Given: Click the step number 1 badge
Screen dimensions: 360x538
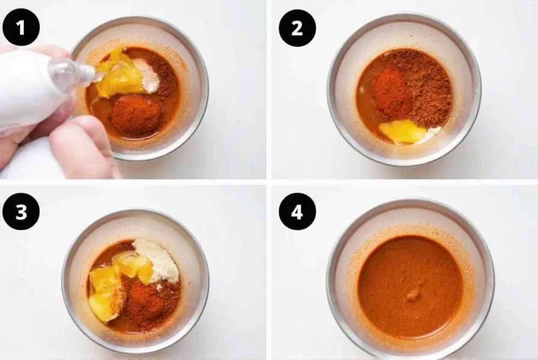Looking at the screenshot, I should point(21,27).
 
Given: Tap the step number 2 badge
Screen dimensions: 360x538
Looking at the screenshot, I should point(297,27).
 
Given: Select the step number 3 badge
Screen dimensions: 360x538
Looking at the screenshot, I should point(21,211).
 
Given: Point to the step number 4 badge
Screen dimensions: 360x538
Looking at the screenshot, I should point(297,211).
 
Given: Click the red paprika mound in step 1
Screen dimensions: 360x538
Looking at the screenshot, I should point(136,114).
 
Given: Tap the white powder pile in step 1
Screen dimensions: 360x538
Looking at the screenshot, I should point(147,74).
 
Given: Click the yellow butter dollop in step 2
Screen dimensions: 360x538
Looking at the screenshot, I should point(402,131).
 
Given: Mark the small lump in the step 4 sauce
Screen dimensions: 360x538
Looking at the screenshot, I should point(413,295).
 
